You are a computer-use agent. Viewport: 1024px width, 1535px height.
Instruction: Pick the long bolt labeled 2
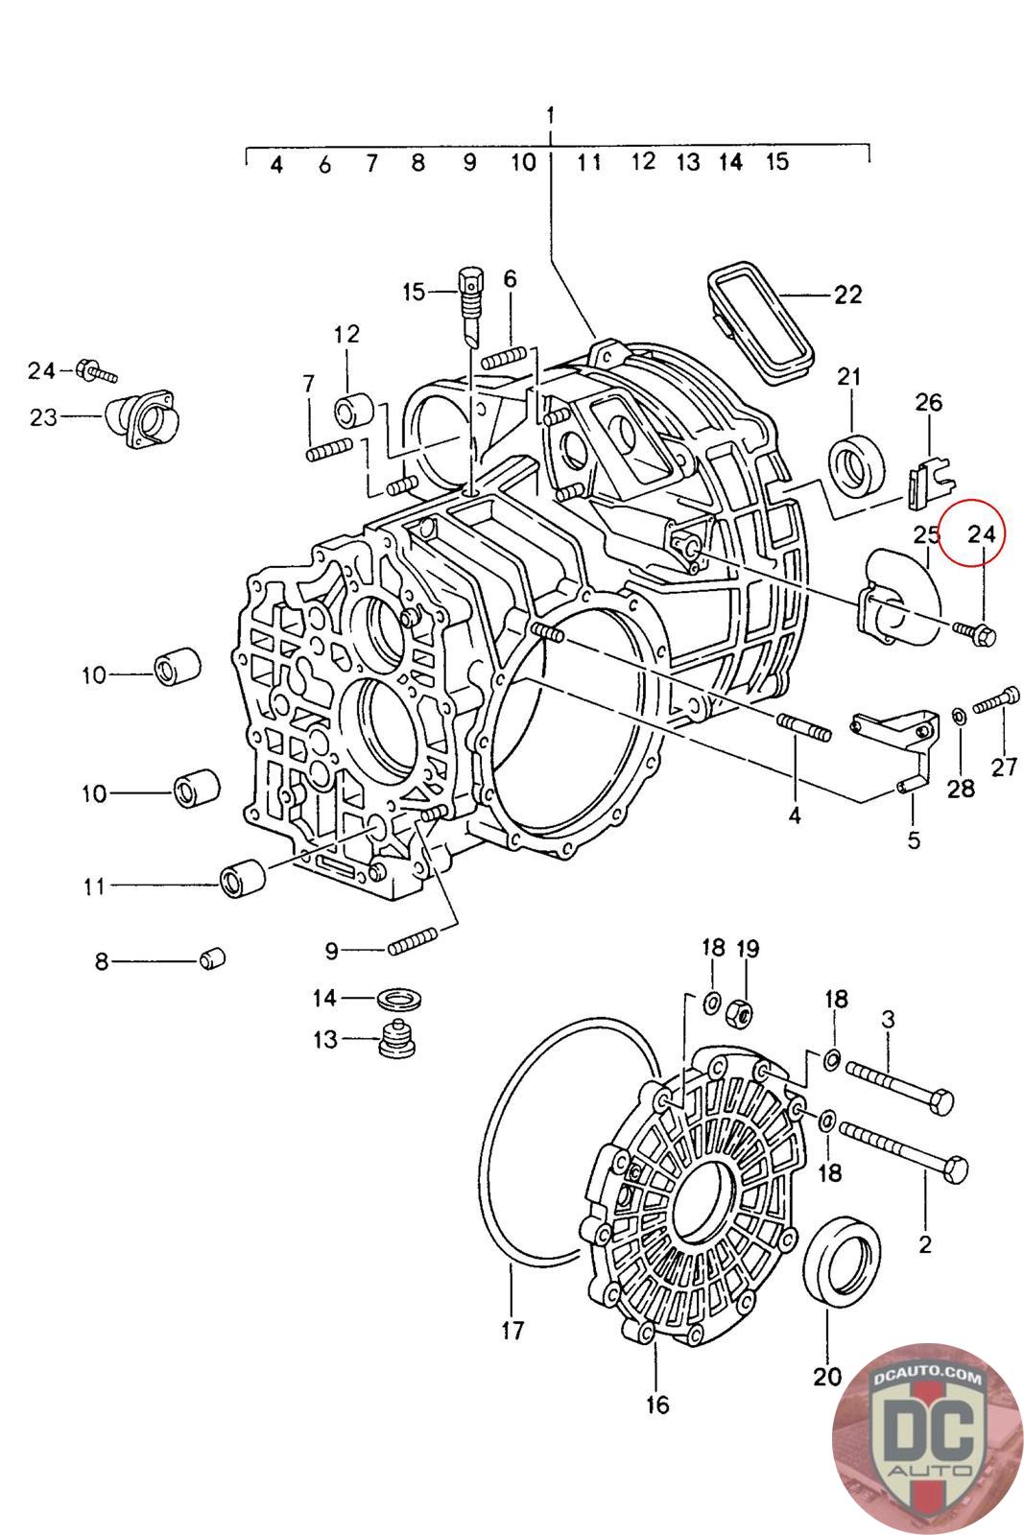coord(902,1151)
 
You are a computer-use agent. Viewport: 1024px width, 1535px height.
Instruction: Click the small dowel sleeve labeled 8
coord(213,957)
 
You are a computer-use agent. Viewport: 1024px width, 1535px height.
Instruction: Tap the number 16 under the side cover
coord(656,1405)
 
